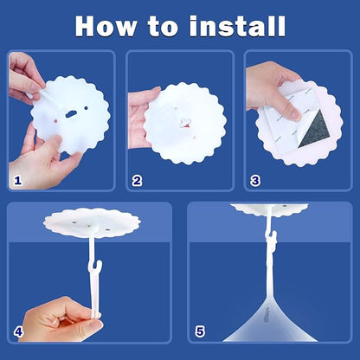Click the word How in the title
106,26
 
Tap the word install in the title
237,26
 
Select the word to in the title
163,27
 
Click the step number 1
18,181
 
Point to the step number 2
137,181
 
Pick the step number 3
255,181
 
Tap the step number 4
18,331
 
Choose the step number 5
200,331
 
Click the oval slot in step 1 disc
71,114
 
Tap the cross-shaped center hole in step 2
185,122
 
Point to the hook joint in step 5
272,239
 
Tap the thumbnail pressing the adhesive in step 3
295,116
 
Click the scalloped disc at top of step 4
92,223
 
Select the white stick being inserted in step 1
50,99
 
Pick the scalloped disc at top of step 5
269,210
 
